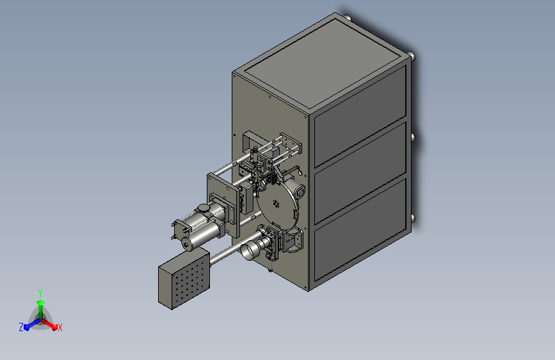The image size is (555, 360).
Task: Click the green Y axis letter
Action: (x=40, y=293)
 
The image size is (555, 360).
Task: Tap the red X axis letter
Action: (x=60, y=328)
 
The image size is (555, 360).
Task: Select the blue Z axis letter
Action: (x=21, y=327)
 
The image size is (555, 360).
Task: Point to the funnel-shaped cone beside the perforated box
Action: (x=250, y=250)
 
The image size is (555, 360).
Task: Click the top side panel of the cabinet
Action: (x=360, y=116)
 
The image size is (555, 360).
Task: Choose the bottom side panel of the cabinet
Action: (x=360, y=229)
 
